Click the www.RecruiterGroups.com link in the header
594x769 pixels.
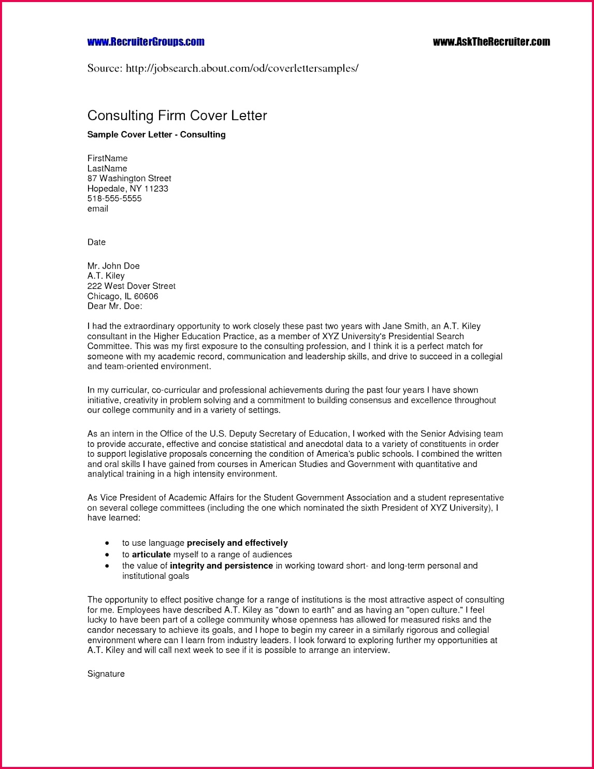point(146,42)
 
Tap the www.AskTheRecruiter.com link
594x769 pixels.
point(491,42)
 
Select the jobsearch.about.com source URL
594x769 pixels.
point(242,68)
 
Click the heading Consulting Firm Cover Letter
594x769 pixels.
point(177,115)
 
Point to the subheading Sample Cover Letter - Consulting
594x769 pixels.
point(156,135)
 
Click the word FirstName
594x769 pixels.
point(107,158)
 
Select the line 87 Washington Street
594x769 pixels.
point(129,179)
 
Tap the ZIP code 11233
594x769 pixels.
point(156,188)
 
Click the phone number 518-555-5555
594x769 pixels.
point(114,199)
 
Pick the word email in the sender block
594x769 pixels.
point(97,209)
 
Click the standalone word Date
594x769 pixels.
point(96,242)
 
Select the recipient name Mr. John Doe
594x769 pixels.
point(113,266)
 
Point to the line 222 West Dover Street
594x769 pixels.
point(132,286)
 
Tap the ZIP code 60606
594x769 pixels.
point(146,296)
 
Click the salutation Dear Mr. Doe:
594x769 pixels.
point(114,307)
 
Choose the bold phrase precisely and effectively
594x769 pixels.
point(237,543)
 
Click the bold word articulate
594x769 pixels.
point(151,555)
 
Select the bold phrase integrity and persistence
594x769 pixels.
point(221,566)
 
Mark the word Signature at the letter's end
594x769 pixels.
point(106,674)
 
